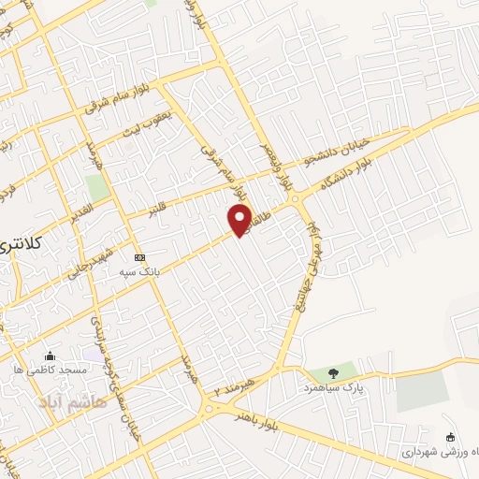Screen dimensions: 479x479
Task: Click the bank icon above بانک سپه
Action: [x=139, y=257]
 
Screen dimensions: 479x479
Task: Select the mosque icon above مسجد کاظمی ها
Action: [x=50, y=356]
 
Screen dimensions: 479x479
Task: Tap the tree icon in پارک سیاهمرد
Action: [x=333, y=373]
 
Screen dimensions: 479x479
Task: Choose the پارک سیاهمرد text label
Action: [x=332, y=386]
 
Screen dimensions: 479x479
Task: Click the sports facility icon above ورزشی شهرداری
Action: [x=450, y=437]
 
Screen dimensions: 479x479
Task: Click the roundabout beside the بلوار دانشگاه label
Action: [x=298, y=197]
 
